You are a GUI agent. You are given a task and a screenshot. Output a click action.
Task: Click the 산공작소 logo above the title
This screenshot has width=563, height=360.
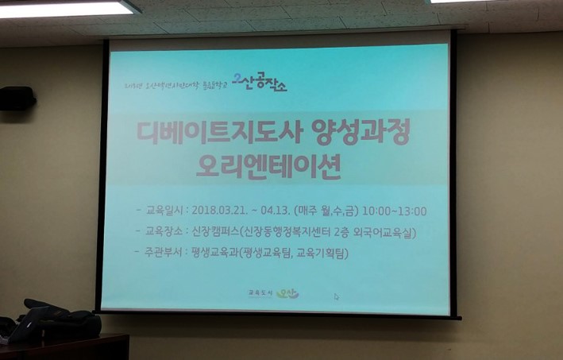(x=259, y=83)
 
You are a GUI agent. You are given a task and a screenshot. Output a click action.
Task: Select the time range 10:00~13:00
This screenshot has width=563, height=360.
(x=394, y=211)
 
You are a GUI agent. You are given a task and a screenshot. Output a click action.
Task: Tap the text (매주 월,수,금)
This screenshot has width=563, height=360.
(x=326, y=211)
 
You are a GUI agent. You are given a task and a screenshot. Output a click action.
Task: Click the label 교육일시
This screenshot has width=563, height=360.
(x=164, y=211)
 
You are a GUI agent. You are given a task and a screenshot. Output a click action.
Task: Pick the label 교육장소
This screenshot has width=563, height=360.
(x=164, y=233)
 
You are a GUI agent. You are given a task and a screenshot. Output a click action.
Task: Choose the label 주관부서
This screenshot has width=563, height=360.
(x=164, y=254)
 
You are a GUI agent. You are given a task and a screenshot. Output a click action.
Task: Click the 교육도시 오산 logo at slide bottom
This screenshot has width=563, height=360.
(x=273, y=293)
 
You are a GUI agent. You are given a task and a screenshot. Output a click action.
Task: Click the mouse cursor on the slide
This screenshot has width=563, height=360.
(x=336, y=296)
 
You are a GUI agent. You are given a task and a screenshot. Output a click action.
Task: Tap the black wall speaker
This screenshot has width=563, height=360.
(x=17, y=99)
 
